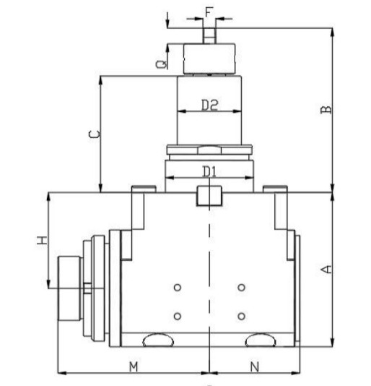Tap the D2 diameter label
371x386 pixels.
209,106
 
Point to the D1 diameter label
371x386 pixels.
209,171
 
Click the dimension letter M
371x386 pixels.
134,366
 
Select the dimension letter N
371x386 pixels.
254,366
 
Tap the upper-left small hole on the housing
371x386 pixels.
177,288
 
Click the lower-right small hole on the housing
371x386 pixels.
241,316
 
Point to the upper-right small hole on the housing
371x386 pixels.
241,288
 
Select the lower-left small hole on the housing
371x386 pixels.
177,316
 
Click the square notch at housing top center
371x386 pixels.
209,195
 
